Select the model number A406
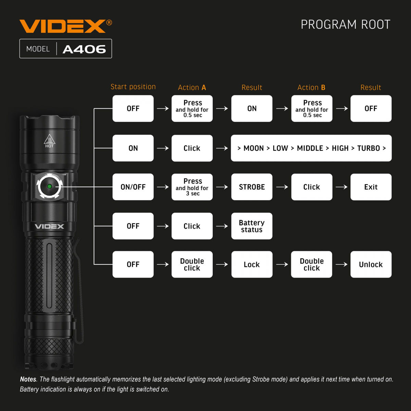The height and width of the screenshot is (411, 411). tap(84, 49)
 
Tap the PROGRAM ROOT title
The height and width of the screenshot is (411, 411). tap(345, 25)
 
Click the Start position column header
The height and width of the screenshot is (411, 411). tap(133, 87)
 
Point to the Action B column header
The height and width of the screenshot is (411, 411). tap(311, 88)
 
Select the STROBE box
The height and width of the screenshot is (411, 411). tap(252, 187)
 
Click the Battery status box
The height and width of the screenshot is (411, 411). tap(252, 226)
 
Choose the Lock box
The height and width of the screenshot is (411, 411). tap(252, 264)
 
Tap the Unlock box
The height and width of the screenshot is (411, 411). tap(371, 264)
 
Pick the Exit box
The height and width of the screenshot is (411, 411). tap(371, 187)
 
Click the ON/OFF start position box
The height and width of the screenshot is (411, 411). tap(133, 187)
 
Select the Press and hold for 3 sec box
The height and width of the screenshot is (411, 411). tap(192, 187)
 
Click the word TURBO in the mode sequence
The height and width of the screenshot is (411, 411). tap(369, 148)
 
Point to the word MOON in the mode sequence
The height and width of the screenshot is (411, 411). tap(253, 148)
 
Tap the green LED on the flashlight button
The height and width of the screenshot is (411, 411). tap(49, 186)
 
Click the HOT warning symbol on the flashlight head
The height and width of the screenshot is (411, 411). tap(49, 141)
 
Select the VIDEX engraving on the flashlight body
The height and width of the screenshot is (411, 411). tap(49, 226)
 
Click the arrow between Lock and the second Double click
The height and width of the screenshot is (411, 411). tap(282, 264)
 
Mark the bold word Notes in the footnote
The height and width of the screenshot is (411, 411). tap(28, 379)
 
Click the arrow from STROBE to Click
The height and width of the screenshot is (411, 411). tap(282, 187)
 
